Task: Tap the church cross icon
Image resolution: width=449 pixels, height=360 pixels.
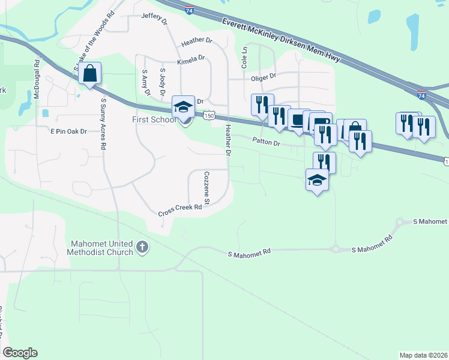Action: coord(142,247)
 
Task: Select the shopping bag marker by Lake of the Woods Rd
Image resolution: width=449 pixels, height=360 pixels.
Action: coord(89,74)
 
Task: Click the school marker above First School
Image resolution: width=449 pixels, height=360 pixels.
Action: coord(184,107)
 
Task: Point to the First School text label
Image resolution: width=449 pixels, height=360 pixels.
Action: coord(154,119)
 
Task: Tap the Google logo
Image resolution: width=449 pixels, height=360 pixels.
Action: coord(20,353)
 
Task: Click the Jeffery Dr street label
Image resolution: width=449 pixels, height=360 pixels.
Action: coord(154,18)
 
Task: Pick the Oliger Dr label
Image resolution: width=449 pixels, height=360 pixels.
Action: coord(263,76)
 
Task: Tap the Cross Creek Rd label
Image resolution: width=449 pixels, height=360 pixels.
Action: coord(179,210)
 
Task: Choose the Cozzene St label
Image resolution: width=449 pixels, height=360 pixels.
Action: coord(205,187)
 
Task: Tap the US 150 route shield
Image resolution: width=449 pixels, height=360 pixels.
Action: coord(208,116)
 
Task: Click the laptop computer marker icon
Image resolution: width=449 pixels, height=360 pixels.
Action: coord(299,119)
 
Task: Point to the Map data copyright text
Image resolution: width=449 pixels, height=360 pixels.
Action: coord(423,355)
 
